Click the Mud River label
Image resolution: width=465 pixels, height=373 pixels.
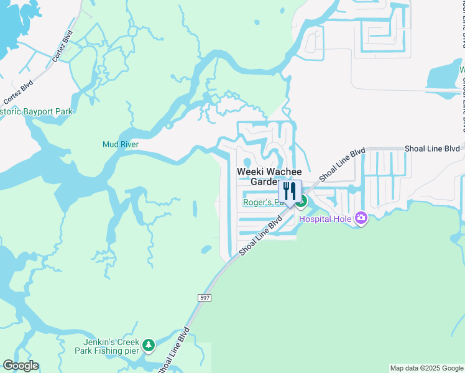point(120,144)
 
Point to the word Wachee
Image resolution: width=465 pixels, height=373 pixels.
point(285,172)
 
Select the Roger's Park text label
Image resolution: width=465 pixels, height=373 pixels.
point(261,202)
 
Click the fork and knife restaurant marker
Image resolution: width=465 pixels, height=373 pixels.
point(290,191)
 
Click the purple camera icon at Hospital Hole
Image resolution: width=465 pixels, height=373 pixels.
point(361,218)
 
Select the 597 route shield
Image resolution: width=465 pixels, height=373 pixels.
point(205,298)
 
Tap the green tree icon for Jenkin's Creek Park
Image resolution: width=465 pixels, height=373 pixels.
point(148,344)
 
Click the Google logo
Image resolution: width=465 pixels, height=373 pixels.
point(20,366)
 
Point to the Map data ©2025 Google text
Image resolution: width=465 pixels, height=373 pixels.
point(426,368)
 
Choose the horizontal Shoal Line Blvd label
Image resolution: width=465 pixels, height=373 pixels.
point(432,149)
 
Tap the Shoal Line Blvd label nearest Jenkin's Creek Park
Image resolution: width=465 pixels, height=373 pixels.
point(173,351)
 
